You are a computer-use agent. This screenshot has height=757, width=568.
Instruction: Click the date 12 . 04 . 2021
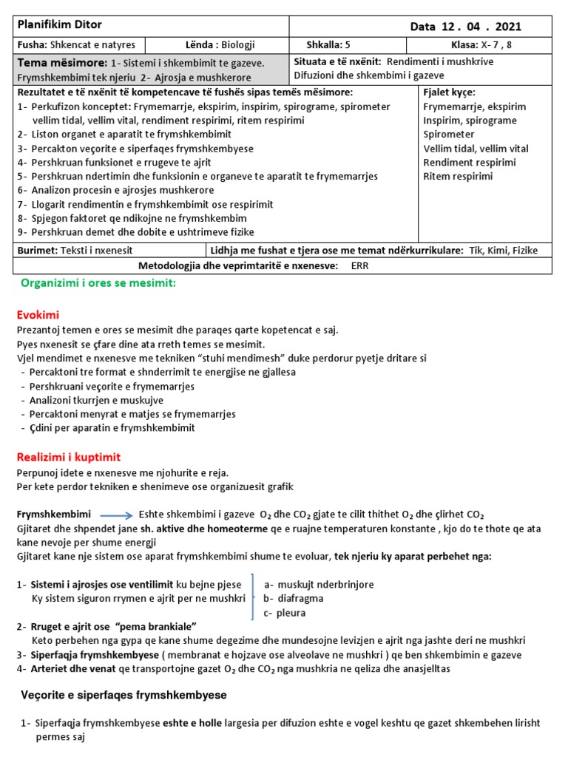466,27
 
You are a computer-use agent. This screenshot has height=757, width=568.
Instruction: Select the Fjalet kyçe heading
449,92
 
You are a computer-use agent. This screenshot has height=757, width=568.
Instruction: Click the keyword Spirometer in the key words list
449,135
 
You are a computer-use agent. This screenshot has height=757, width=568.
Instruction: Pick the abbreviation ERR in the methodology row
359,265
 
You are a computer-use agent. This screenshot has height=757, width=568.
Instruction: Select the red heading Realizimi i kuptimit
68,457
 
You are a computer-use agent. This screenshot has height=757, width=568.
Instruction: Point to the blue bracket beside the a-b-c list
254,598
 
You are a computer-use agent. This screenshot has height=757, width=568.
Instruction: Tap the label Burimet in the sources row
35,251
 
